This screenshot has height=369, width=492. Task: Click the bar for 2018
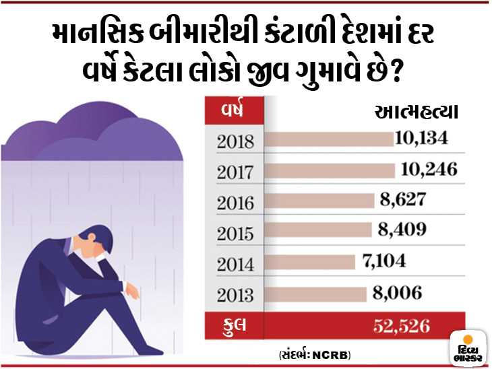click(329, 139)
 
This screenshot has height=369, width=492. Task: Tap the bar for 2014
click(311, 262)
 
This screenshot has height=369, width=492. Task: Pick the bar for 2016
click(320, 200)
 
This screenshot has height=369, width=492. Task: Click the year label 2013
click(235, 294)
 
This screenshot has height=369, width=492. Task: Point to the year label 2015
click(235, 233)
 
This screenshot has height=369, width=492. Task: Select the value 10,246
click(429, 169)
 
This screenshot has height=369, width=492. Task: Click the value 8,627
click(402, 200)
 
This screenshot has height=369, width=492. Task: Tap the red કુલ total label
click(234, 325)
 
